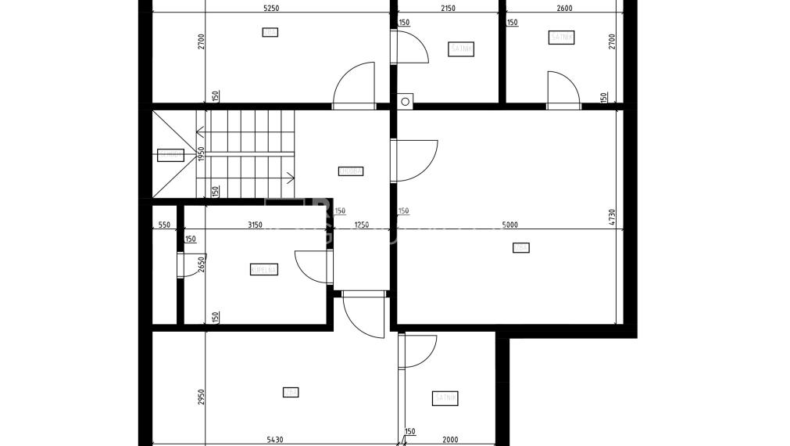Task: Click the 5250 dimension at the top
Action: click(271, 9)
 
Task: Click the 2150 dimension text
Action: click(448, 9)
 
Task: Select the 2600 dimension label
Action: click(564, 9)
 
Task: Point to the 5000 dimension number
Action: click(510, 225)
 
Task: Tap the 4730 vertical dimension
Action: click(613, 218)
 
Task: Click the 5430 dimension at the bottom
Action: click(274, 440)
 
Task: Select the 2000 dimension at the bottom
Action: click(449, 440)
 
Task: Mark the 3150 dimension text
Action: click(255, 225)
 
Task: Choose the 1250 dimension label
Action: click(361, 225)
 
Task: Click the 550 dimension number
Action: click(164, 225)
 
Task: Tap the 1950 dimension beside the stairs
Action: click(201, 154)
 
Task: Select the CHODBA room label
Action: click(351, 171)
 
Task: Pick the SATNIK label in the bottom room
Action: click(445, 398)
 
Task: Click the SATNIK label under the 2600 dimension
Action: click(562, 37)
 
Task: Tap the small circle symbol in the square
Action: click(406, 100)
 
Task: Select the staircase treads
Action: click(245, 154)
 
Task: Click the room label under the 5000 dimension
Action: click(520, 248)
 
